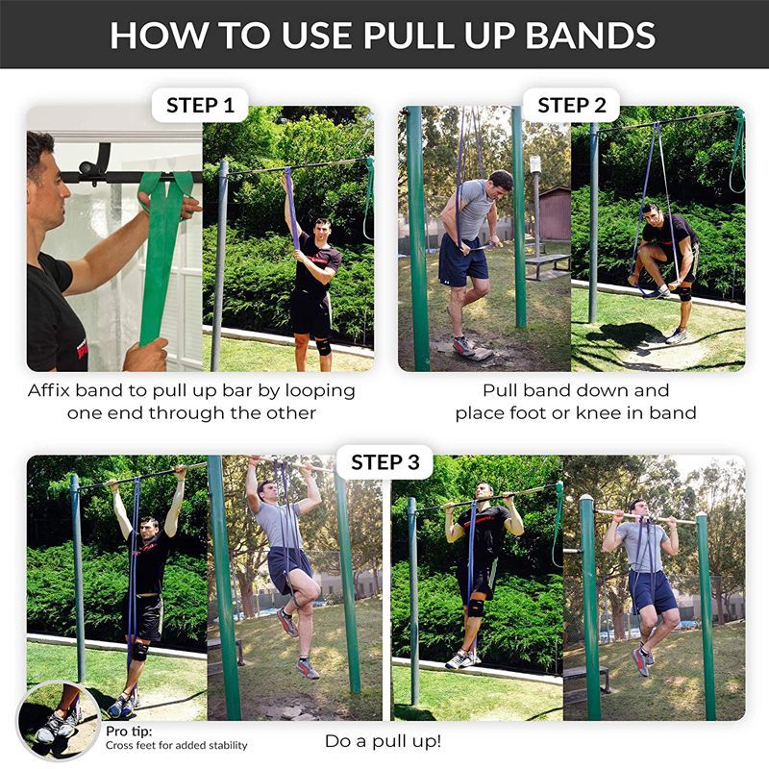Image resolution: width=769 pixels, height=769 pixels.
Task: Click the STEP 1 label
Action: (x=200, y=105)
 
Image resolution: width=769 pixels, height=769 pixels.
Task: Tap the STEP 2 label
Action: (x=571, y=105)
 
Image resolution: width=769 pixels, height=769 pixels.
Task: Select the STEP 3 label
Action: (x=384, y=462)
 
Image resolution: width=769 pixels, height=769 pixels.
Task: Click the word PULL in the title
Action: (x=414, y=35)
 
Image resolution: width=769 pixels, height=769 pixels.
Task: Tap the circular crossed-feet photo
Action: (x=60, y=722)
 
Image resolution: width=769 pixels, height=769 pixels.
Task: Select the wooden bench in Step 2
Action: (x=547, y=261)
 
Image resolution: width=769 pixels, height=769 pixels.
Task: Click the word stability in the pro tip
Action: (x=224, y=745)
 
